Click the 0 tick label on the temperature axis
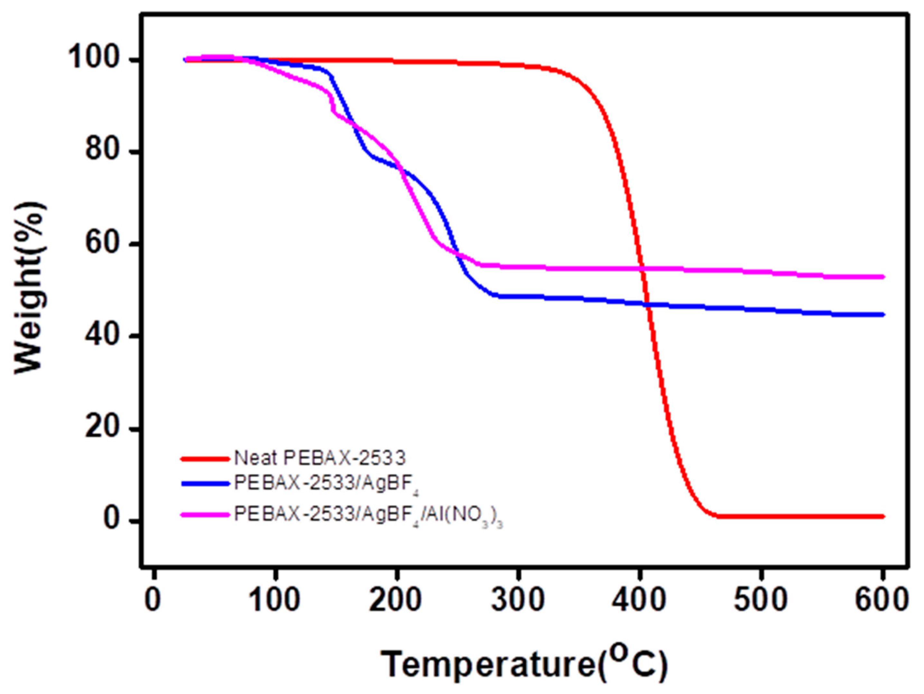click(154, 600)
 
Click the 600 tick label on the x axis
click(881, 600)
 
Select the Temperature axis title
click(524, 664)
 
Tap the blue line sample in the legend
click(205, 483)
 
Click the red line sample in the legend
click(205, 459)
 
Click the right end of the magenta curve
click(882, 277)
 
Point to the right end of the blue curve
click(882, 315)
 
